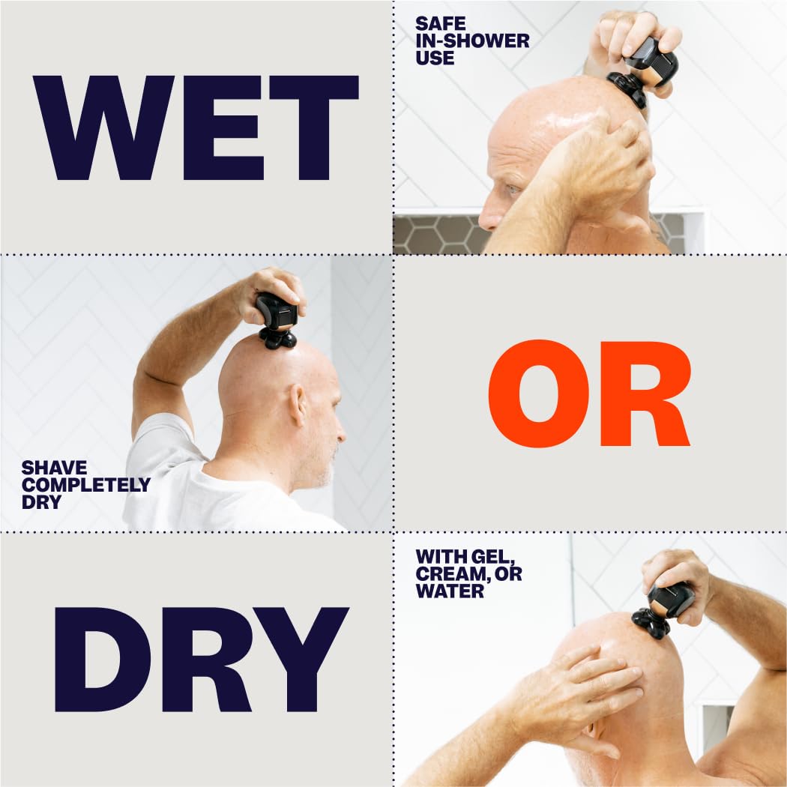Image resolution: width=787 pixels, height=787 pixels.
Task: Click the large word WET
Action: [x=196, y=128]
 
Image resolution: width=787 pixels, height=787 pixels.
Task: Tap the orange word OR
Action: [x=588, y=394]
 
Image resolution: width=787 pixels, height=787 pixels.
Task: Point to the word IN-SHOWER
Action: [x=472, y=40]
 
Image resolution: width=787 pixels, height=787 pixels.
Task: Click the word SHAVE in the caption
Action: [x=55, y=468]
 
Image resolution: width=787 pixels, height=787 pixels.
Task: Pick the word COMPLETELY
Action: [x=86, y=485]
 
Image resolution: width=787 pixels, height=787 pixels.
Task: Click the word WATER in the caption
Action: [x=450, y=591]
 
